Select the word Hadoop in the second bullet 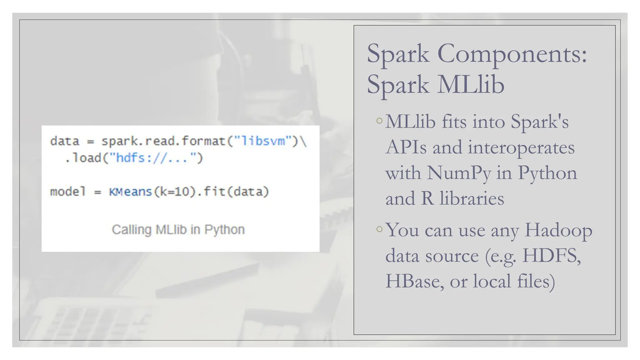[558, 230]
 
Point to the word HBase [414, 281]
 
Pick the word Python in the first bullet [547, 173]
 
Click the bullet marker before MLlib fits [379, 121]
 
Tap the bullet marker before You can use [379, 229]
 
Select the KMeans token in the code [130, 192]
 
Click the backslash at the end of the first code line [304, 141]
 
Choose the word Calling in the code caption [132, 230]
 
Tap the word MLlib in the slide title [471, 85]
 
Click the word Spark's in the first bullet [539, 122]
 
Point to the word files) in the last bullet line [536, 281]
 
